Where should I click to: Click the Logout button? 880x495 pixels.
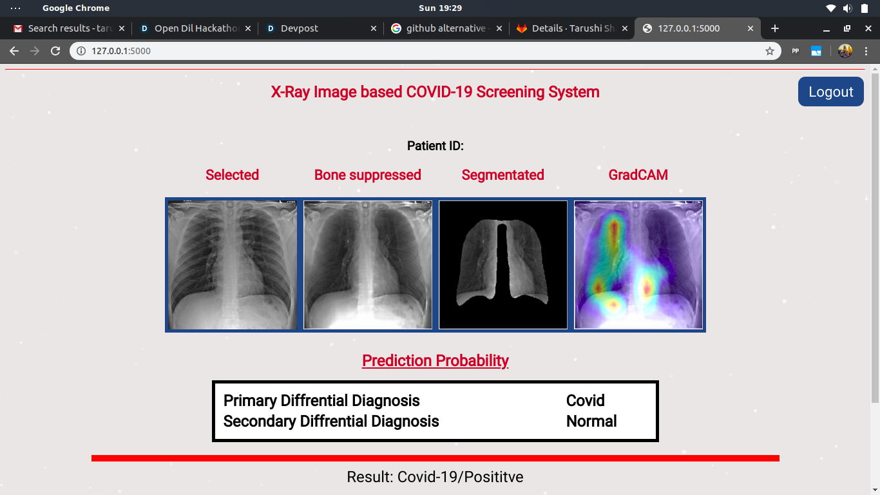[830, 92]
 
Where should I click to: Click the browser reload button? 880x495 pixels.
[55, 51]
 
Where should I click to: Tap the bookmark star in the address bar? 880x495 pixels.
[770, 51]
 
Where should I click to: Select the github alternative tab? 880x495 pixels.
[446, 28]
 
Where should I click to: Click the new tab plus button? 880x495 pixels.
[775, 28]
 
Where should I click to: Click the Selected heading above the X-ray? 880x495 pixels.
[232, 175]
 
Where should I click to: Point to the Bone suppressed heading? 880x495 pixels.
[367, 175]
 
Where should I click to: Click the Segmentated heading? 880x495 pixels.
[503, 175]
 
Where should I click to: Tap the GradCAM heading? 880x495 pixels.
[638, 175]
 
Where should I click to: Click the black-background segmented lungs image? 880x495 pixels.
[503, 265]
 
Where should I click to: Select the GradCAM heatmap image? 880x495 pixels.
[638, 265]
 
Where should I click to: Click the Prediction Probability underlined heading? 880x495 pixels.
[435, 360]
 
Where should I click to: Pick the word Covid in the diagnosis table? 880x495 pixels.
[585, 401]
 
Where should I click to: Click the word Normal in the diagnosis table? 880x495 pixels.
[591, 421]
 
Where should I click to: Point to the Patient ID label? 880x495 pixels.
[435, 146]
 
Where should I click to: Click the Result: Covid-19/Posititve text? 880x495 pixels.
[435, 476]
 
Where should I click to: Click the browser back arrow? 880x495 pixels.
[14, 51]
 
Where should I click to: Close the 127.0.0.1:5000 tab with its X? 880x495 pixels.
[751, 28]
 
